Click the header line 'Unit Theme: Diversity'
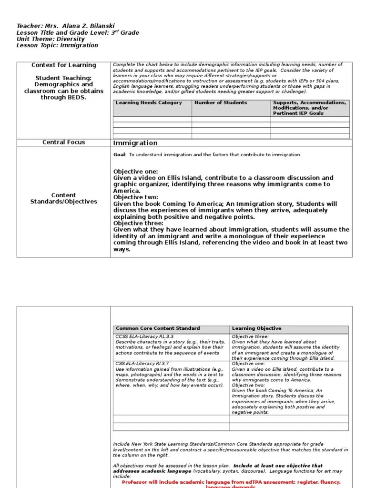pyautogui.click(x=51, y=39)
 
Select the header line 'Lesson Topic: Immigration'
pyautogui.click(x=57, y=46)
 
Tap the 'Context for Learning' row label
pyautogui.click(x=63, y=65)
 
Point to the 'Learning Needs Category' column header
pyautogui.click(x=149, y=103)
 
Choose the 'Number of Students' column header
pyautogui.click(x=221, y=103)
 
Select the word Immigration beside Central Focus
pyautogui.click(x=135, y=143)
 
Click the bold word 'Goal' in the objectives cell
pyautogui.click(x=119, y=155)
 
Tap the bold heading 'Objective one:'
pyautogui.click(x=135, y=172)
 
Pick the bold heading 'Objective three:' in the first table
pyautogui.click(x=138, y=223)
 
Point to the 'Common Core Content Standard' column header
pyautogui.click(x=158, y=328)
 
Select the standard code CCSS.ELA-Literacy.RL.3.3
pyautogui.click(x=146, y=336)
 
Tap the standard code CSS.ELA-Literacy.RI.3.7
pyautogui.click(x=145, y=364)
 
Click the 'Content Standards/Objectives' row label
pyautogui.click(x=63, y=198)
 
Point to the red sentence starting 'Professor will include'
pyautogui.click(x=231, y=482)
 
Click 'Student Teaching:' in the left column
pyautogui.click(x=63, y=78)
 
